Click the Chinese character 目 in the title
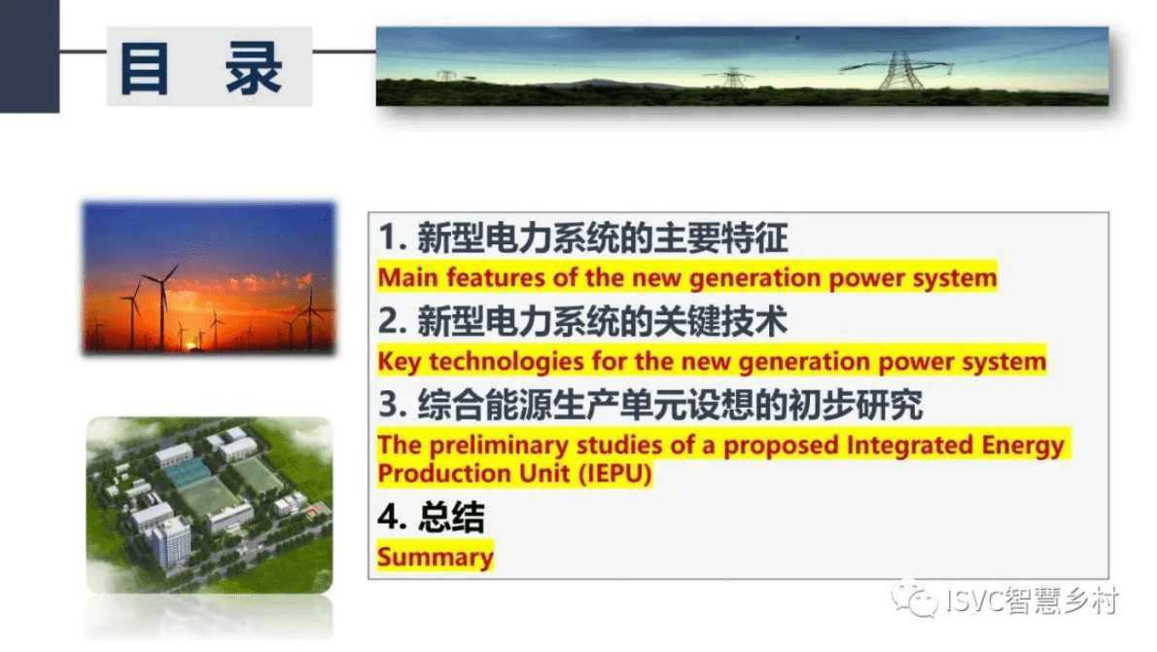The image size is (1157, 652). click(x=146, y=68)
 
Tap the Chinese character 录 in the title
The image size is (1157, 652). click(x=253, y=68)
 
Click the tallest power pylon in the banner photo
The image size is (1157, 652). click(x=899, y=70)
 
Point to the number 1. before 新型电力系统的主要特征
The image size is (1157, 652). click(x=394, y=237)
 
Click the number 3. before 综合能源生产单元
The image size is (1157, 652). click(x=394, y=405)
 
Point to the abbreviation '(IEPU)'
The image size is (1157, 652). click(x=615, y=473)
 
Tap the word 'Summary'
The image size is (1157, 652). click(x=436, y=557)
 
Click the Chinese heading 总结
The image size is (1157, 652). click(x=451, y=517)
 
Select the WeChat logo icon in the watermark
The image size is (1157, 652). click(x=914, y=599)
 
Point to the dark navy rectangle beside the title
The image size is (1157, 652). click(x=29, y=56)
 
